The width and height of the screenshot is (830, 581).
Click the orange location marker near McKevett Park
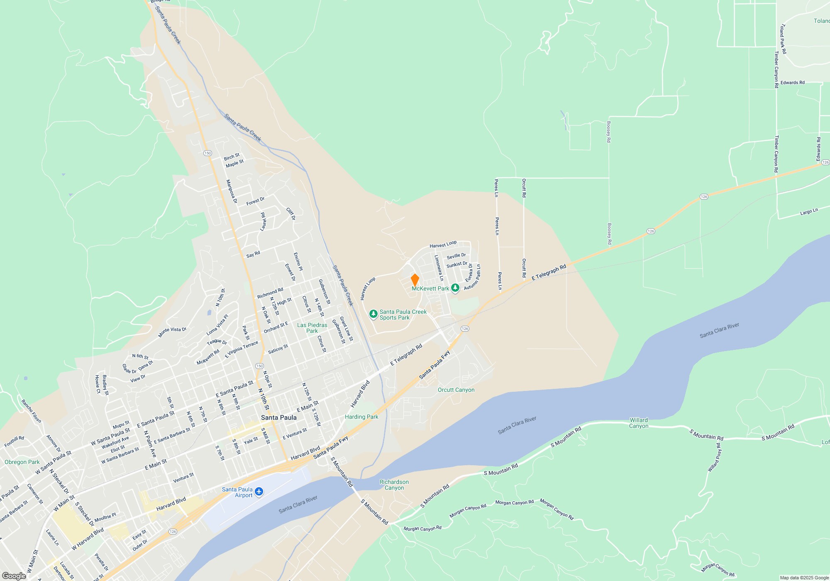coord(415,280)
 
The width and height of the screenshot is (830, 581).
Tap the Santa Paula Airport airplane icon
coord(259,492)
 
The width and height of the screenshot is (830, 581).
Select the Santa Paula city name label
coord(279,417)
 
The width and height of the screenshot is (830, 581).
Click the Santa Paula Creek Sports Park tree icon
coord(373,314)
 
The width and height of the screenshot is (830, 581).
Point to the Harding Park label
coord(361,417)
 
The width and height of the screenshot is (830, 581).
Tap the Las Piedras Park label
coord(312,328)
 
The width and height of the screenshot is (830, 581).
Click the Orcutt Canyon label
coord(456,390)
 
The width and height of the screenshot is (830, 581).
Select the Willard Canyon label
coord(639,423)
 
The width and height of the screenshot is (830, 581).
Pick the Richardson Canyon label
coord(394,485)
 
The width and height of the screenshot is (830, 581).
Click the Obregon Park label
coord(22,462)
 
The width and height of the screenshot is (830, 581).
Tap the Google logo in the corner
coord(14,576)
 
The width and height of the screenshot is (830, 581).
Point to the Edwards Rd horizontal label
coord(792,83)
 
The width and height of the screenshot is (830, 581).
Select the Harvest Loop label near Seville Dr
coord(443,245)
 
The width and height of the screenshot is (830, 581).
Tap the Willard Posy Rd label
coord(714,457)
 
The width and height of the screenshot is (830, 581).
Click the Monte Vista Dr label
coord(172,332)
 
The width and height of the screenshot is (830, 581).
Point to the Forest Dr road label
coord(255,201)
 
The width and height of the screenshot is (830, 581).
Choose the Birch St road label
coord(232,157)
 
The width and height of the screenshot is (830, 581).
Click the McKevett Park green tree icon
coord(455,288)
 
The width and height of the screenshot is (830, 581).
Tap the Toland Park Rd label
coord(783,39)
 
